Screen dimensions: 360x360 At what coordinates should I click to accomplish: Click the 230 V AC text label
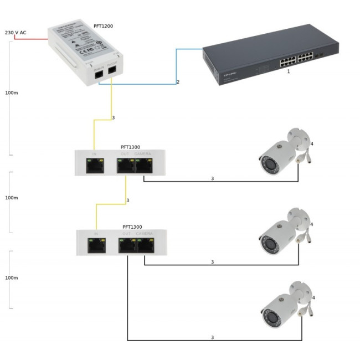(x=16, y=33)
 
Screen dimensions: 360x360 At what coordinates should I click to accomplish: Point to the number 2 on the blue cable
(x=178, y=82)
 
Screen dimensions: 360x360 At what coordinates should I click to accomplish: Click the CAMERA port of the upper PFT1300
(x=143, y=164)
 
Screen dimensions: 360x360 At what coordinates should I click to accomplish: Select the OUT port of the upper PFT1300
(x=126, y=164)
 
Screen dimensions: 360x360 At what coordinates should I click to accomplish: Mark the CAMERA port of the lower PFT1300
(x=145, y=244)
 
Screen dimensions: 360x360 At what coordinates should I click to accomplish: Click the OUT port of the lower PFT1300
(x=127, y=244)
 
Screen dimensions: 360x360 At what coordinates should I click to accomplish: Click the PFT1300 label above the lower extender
(x=132, y=227)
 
